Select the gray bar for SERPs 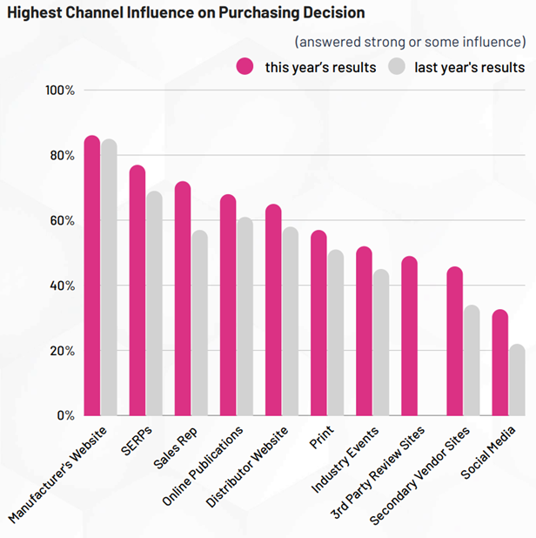coord(154,304)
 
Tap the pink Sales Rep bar coord(182,299)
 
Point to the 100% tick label coord(59,91)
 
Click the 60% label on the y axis coord(62,221)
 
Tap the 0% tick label coord(65,415)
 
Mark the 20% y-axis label coord(62,351)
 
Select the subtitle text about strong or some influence coord(410,41)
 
